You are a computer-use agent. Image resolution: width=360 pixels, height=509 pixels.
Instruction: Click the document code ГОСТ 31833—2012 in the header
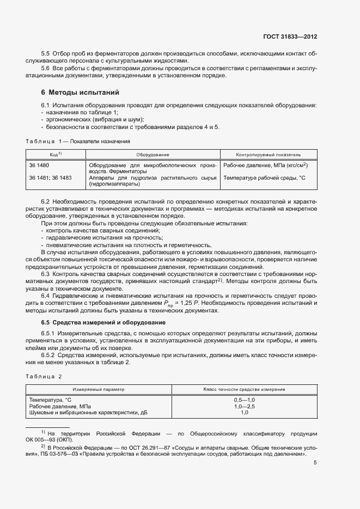point(290,36)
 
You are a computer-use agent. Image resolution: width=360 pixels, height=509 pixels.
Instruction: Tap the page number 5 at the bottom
point(315,463)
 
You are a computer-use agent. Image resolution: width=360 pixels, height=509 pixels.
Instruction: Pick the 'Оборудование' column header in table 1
point(152,155)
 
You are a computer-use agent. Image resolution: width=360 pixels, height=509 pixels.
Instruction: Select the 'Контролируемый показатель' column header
point(268,155)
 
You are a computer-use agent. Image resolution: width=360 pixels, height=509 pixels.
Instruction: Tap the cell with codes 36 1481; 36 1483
point(50,178)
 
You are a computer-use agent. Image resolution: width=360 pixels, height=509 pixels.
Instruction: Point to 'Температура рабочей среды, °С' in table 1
point(264,178)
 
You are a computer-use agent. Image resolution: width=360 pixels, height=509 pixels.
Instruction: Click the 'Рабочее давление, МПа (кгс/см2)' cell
point(266,165)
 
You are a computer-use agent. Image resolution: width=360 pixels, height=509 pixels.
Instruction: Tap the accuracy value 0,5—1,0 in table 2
point(245,400)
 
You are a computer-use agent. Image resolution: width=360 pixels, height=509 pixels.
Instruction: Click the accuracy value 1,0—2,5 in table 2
point(245,407)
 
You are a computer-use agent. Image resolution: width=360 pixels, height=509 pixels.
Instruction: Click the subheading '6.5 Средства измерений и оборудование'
point(103,323)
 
